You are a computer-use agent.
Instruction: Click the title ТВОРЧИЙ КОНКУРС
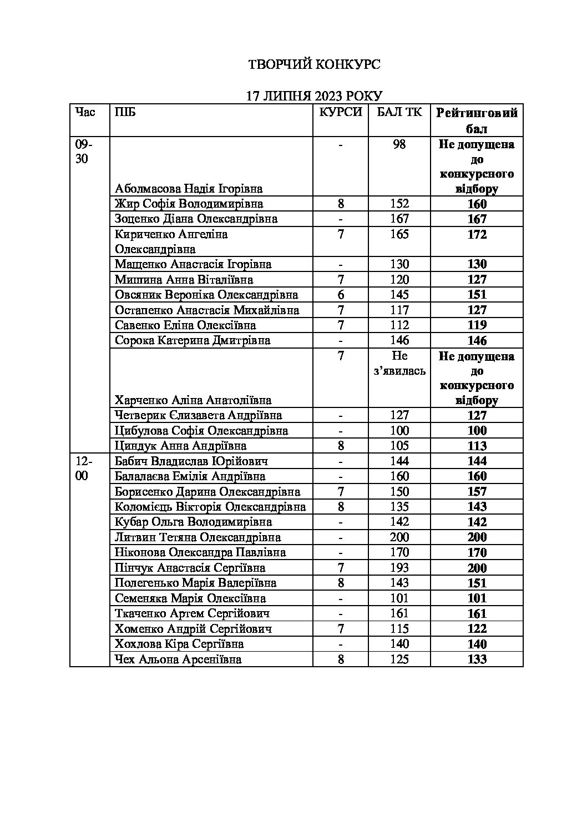point(313,65)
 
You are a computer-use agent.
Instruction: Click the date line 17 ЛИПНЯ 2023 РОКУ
point(315,96)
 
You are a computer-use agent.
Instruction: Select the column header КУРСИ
point(340,112)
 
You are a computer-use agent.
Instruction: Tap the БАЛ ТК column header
point(399,112)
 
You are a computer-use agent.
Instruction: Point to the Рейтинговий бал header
point(477,120)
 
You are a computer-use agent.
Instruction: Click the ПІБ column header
point(125,112)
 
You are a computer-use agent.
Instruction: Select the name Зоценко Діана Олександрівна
point(196,219)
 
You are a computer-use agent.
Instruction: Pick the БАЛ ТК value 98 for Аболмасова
point(399,144)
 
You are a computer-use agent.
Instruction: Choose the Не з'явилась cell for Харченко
point(399,363)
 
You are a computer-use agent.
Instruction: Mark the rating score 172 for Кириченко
point(477,234)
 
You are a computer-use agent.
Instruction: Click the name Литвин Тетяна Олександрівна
point(198,537)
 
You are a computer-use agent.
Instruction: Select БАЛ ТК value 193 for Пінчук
point(399,568)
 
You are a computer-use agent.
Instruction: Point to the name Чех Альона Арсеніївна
point(178,659)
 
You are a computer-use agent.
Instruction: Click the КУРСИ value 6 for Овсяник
point(341,295)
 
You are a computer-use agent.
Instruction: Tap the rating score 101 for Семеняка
point(477,598)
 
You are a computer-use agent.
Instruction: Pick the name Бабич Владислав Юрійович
point(191,461)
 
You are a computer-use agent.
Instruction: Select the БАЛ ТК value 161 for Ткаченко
point(399,613)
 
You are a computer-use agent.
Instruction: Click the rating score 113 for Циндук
point(477,446)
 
